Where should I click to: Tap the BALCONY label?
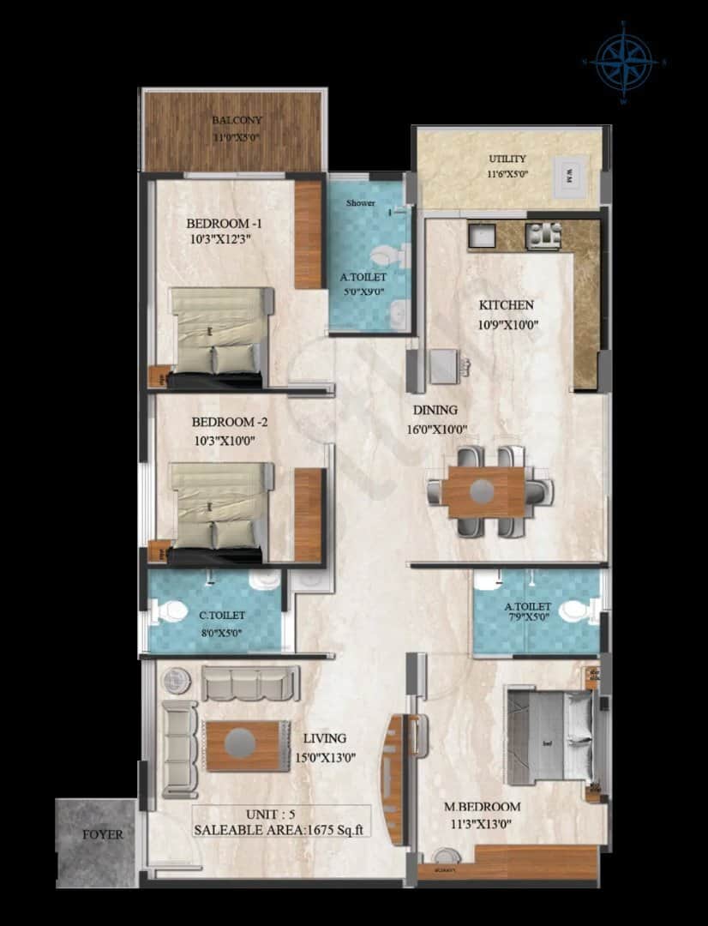pyautogui.click(x=237, y=121)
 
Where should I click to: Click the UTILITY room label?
pyautogui.click(x=507, y=159)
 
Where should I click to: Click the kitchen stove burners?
pyautogui.click(x=543, y=235)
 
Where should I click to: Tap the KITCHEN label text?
pyautogui.click(x=506, y=305)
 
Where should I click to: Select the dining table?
pyautogui.click(x=483, y=492)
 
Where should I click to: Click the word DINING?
pyautogui.click(x=435, y=411)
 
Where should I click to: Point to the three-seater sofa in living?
pyautogui.click(x=249, y=683)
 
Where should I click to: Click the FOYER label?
pyautogui.click(x=103, y=834)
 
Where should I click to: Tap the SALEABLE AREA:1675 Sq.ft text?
pyautogui.click(x=281, y=829)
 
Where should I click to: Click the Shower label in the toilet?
pyautogui.click(x=360, y=203)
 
